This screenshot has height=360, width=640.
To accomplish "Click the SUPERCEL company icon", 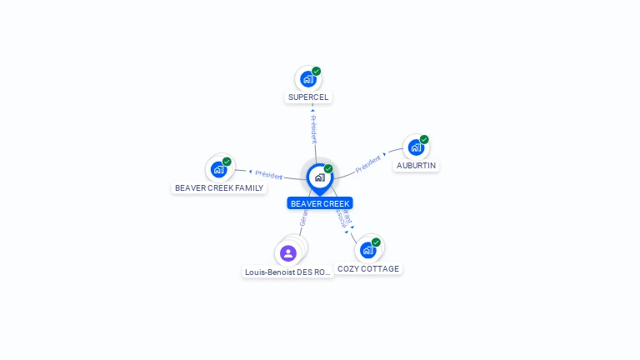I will [308, 79].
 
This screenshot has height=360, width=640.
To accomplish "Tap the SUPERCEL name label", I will [308, 97].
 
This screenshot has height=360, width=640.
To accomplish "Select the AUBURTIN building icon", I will [416, 147].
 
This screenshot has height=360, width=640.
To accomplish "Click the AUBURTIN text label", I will [416, 166].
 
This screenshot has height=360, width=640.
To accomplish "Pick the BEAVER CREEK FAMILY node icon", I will [218, 169].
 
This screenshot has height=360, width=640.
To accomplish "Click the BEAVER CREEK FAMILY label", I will [219, 188].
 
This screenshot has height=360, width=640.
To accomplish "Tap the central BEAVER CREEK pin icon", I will [319, 177].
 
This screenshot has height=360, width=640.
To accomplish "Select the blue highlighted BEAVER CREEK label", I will [320, 203].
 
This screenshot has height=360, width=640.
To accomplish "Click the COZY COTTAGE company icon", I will [367, 249].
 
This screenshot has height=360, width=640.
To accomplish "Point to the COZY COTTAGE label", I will [368, 269].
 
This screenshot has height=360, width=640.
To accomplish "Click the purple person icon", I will [288, 252].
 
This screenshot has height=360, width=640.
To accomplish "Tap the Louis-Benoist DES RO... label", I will [288, 272].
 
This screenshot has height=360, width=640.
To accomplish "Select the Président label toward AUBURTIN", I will [367, 163].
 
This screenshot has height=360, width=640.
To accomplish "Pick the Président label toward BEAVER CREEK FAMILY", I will [269, 175].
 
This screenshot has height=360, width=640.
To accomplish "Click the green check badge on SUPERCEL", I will [317, 71].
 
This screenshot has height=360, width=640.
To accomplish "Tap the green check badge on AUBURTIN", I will [424, 139].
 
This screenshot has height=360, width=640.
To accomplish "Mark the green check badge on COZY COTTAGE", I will [376, 242].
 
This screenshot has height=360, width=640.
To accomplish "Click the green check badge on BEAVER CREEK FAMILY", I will [227, 162].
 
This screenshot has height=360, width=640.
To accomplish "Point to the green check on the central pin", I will [328, 169].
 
